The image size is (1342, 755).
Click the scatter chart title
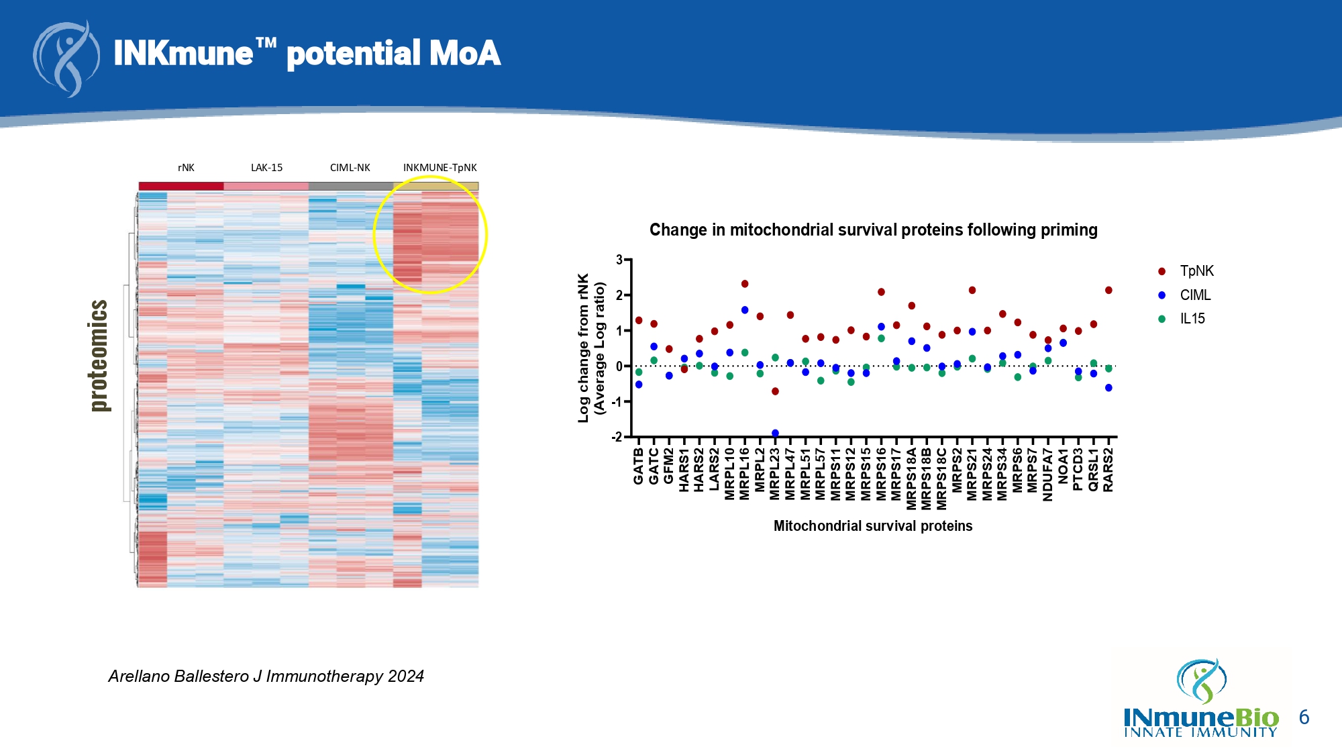(873, 230)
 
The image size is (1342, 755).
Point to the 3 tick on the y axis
(619, 260)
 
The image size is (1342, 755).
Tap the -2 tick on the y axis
(617, 438)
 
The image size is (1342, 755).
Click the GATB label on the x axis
(639, 466)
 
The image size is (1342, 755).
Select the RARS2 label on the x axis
(1108, 470)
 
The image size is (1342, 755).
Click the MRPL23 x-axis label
(775, 474)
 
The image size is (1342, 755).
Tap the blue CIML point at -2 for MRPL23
(775, 434)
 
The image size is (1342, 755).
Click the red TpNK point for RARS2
(1108, 291)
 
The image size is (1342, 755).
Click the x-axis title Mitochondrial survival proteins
(872, 526)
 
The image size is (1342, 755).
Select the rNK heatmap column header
(186, 168)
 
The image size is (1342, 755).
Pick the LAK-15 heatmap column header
(266, 168)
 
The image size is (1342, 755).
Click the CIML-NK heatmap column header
(350, 168)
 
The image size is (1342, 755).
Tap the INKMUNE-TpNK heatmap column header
(440, 168)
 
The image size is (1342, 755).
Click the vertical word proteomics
(99, 356)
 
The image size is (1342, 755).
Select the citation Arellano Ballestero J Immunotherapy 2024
(266, 676)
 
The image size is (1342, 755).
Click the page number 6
(1304, 717)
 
